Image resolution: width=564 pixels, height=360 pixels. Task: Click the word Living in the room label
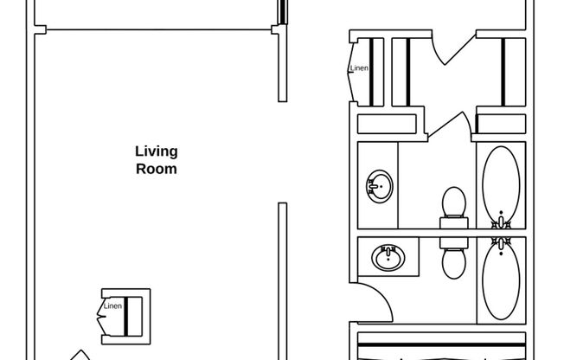tap(157, 152)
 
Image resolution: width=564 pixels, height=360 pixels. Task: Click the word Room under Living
tap(157, 169)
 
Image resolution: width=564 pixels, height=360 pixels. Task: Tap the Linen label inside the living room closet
tap(112, 306)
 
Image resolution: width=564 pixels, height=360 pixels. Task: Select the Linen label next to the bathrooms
tap(359, 67)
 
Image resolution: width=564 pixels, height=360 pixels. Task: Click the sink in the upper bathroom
tap(380, 186)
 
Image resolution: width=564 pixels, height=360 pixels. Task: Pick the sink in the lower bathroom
tap(388, 257)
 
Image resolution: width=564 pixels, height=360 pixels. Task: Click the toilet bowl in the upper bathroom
tap(454, 202)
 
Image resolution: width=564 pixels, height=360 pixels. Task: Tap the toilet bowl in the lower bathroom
tap(454, 264)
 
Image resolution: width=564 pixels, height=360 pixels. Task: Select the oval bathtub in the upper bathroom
tap(501, 184)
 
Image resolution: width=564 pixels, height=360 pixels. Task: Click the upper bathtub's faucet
tap(501, 222)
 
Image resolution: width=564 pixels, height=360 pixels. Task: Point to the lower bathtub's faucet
tap(501, 244)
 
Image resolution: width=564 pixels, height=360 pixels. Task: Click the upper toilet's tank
tap(454, 222)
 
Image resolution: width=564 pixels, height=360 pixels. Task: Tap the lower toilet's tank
tap(454, 243)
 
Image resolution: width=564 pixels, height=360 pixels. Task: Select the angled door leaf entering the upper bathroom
tap(445, 125)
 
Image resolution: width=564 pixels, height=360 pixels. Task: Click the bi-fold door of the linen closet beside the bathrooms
tap(351, 72)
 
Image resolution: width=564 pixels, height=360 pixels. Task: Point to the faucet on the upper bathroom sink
tap(373, 186)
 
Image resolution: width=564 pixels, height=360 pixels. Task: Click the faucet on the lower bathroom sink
tap(388, 251)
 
